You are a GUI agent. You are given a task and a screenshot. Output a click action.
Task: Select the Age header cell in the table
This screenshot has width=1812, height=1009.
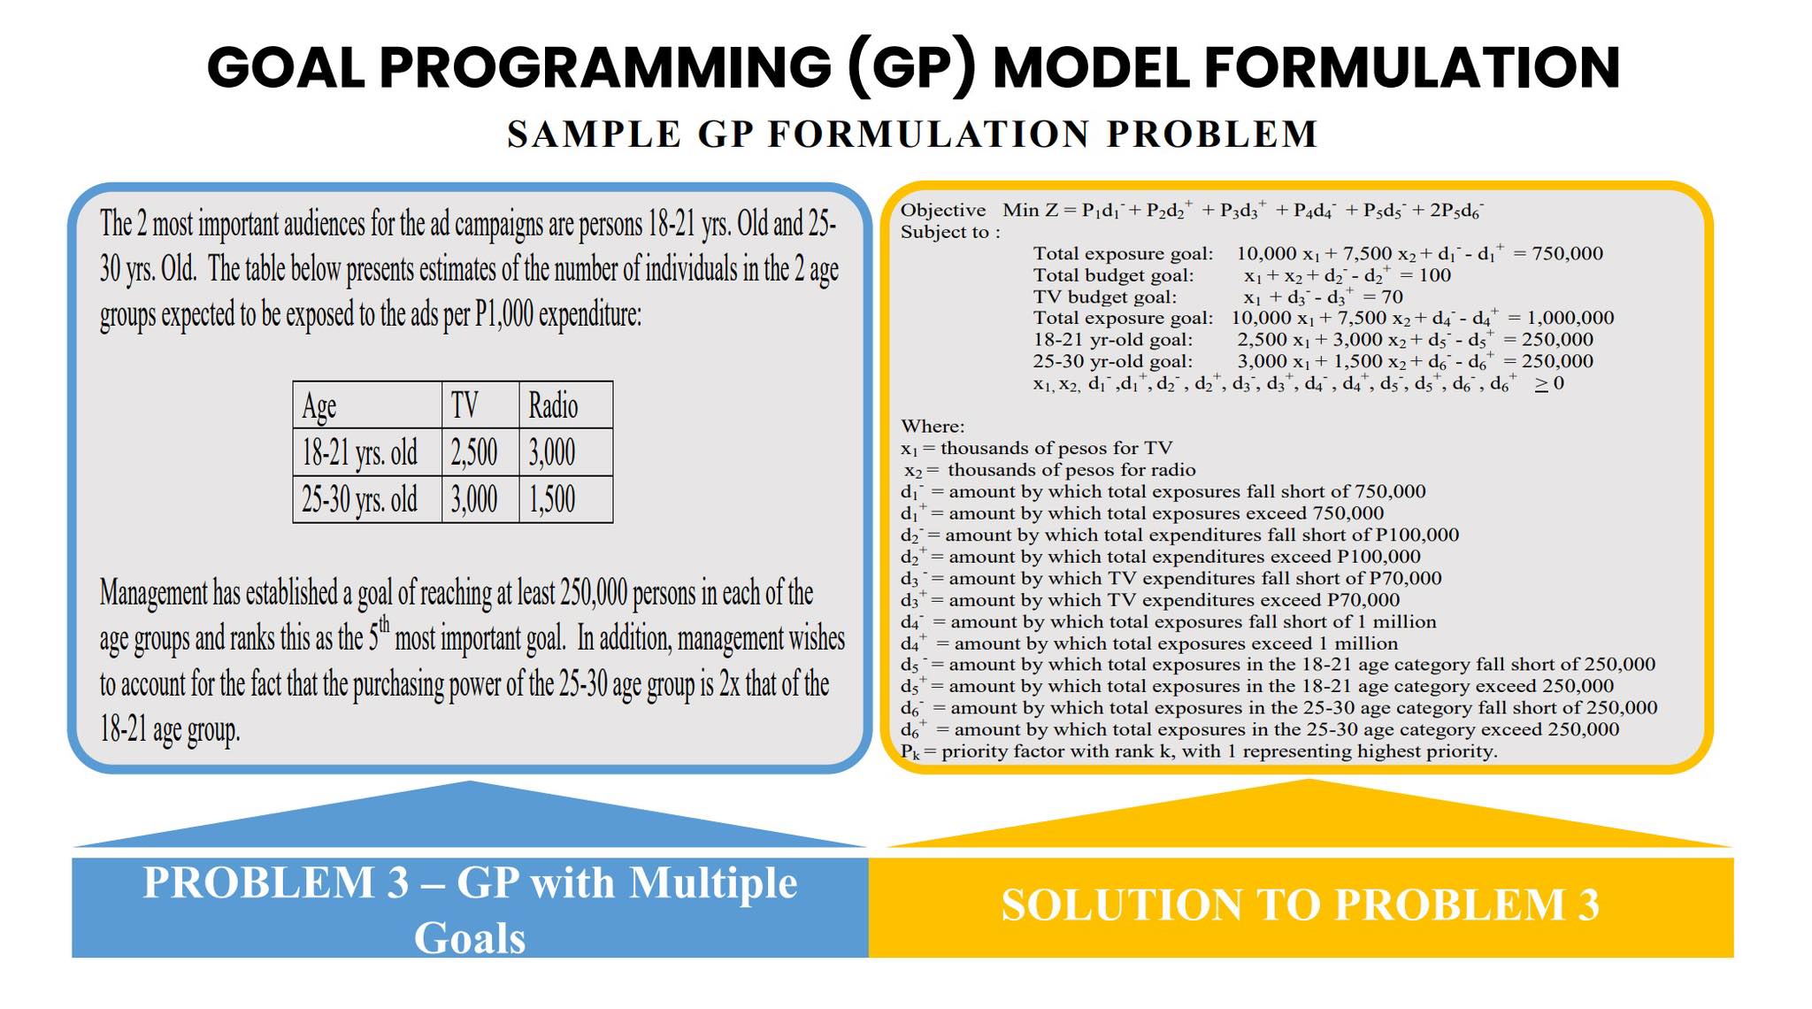click(319, 406)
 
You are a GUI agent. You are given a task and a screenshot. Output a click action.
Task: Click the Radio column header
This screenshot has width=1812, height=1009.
click(553, 406)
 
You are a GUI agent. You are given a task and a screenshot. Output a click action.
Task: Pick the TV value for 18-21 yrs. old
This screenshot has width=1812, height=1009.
click(474, 453)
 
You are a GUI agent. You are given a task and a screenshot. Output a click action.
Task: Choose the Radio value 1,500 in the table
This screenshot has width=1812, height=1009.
click(552, 500)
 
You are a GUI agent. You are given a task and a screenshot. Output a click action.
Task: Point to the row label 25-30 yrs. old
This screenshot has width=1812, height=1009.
click(359, 500)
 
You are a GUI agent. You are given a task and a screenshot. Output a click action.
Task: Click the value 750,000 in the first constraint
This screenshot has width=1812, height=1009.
click(1567, 254)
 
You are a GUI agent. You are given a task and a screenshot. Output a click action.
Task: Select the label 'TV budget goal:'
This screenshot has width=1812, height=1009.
click(1105, 297)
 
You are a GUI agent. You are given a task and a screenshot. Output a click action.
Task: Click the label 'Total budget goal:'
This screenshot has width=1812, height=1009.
click(1113, 275)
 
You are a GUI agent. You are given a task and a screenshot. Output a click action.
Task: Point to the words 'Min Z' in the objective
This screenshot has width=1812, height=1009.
click(1030, 211)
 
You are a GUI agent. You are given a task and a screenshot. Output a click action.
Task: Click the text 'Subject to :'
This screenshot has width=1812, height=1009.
click(950, 232)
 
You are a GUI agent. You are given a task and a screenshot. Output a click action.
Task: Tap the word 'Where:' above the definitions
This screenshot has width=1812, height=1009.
click(933, 427)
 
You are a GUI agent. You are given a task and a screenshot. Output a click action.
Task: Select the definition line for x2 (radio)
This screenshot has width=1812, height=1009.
click(1049, 470)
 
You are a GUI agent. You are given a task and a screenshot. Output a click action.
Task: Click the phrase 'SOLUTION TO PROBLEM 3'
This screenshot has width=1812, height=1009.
click(1300, 905)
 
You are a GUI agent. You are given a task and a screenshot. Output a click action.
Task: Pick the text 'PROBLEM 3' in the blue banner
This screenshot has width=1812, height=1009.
click(276, 883)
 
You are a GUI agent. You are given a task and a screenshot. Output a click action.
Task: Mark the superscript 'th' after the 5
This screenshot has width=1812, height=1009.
click(384, 627)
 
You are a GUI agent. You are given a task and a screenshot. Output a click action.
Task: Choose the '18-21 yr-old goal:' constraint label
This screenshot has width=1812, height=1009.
click(1113, 340)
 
